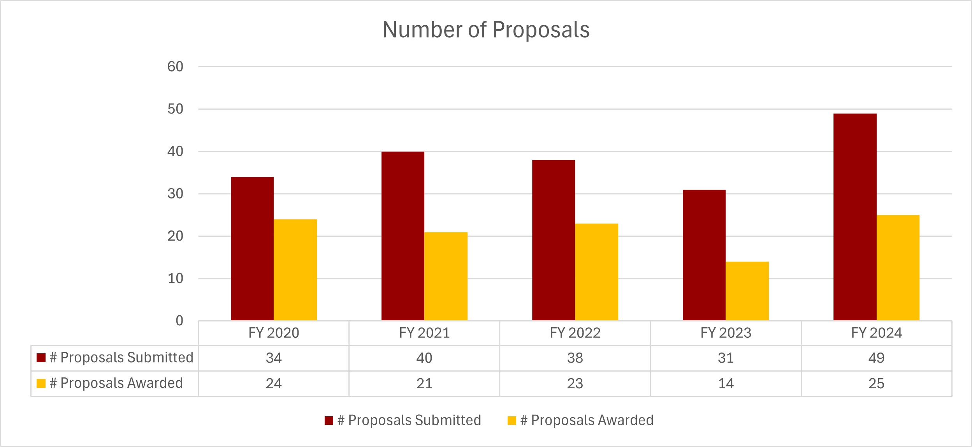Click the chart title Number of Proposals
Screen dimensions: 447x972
coord(486,30)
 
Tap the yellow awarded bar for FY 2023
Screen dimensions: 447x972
coord(747,291)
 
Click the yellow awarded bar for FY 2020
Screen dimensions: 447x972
coord(295,270)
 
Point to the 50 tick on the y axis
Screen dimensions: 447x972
coord(175,109)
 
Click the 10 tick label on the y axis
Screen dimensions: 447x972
coord(175,279)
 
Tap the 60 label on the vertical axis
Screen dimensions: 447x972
coord(175,67)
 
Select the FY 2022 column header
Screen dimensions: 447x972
coord(575,333)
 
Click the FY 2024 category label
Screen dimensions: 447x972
coord(876,333)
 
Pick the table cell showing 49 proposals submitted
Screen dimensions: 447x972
coord(876,358)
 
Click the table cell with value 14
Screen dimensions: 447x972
coord(726,384)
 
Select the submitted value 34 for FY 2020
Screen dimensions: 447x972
coord(274,358)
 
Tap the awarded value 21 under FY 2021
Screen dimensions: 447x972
coord(424,384)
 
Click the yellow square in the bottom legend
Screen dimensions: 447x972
coord(512,421)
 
